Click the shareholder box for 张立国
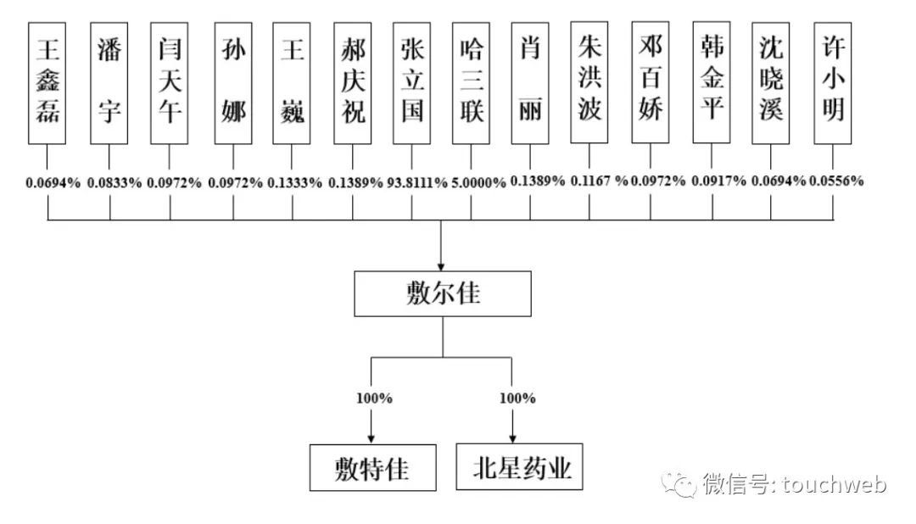tap(412, 82)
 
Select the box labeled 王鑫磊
tap(47, 82)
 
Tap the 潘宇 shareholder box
tap(109, 82)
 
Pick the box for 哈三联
tap(471, 82)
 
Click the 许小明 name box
tap(833, 82)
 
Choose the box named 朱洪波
tap(590, 82)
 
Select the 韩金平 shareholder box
tap(712, 82)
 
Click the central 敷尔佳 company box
tap(443, 293)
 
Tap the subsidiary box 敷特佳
tap(371, 467)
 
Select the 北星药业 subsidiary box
tap(520, 465)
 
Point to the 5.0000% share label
tap(478, 182)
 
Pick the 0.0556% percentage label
tap(836, 181)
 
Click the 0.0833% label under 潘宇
tap(114, 182)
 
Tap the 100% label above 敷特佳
tap(374, 398)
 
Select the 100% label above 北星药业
tap(517, 398)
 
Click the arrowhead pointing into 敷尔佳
tap(442, 265)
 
